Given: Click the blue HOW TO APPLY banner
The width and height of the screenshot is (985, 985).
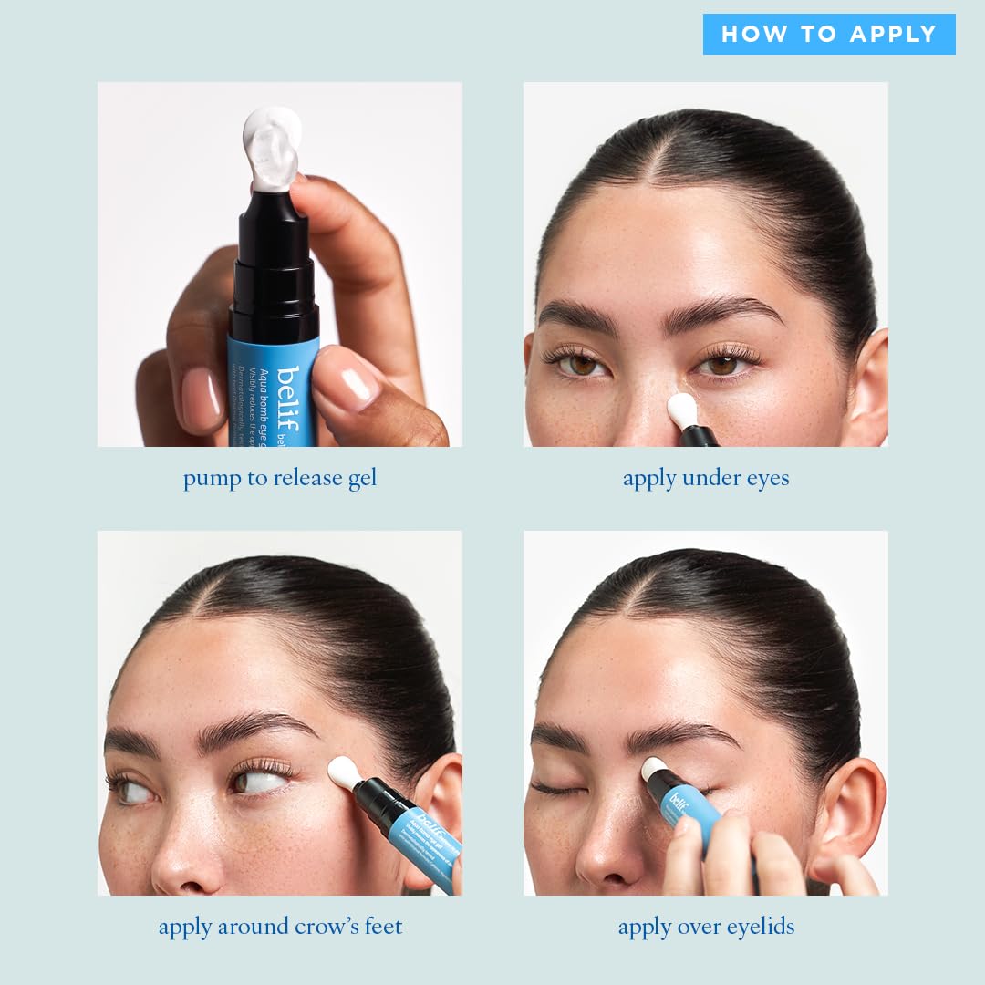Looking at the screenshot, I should pyautogui.click(x=829, y=35).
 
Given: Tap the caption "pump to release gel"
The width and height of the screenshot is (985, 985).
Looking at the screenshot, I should pyautogui.click(x=279, y=479).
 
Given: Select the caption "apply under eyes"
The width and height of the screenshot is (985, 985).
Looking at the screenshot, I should pyautogui.click(x=706, y=478).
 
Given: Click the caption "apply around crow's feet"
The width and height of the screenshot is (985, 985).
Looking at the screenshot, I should pyautogui.click(x=280, y=927).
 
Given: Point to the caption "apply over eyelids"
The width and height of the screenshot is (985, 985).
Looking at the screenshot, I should pyautogui.click(x=706, y=927).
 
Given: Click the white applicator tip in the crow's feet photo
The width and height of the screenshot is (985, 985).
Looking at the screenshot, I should pyautogui.click(x=344, y=772).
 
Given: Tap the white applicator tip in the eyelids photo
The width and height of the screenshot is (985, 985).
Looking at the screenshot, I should pyautogui.click(x=653, y=769).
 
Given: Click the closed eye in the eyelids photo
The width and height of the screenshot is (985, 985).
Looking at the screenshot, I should pyautogui.click(x=556, y=788).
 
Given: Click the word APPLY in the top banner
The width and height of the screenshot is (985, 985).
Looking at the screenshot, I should pyautogui.click(x=893, y=35).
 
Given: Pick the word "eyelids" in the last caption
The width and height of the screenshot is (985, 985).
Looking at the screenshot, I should pyautogui.click(x=754, y=927).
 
